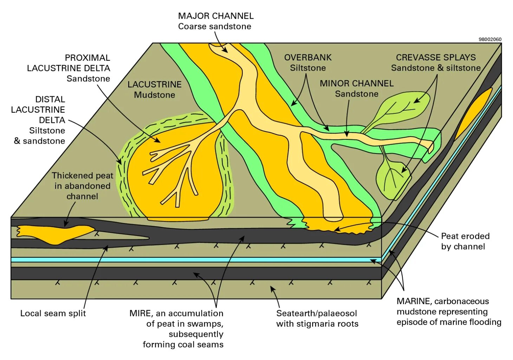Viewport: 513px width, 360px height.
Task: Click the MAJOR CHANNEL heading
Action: [x=215, y=16]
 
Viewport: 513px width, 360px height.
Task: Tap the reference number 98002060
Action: [x=490, y=39]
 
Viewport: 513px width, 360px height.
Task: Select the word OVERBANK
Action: [x=308, y=57]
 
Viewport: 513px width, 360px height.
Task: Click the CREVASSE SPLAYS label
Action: [x=436, y=57]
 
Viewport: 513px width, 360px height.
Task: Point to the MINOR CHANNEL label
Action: [x=357, y=84]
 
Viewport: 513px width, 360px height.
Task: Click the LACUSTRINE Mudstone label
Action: [x=155, y=90]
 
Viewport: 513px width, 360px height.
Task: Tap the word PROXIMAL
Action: [x=87, y=58]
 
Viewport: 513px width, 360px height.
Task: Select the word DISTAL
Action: [x=50, y=99]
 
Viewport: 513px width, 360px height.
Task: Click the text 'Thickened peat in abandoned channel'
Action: [x=82, y=186]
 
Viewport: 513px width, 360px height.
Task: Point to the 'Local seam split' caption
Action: [x=53, y=313]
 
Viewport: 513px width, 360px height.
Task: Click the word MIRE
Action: [x=140, y=313]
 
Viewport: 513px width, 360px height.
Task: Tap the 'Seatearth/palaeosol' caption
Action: [x=316, y=313]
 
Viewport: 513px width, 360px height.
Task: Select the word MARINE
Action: [x=413, y=301]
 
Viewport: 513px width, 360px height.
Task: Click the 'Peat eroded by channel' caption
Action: [x=465, y=241]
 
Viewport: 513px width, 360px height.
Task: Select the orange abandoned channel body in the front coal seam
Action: [x=56, y=234]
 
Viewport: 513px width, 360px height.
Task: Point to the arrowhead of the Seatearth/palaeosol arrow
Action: [x=272, y=289]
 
